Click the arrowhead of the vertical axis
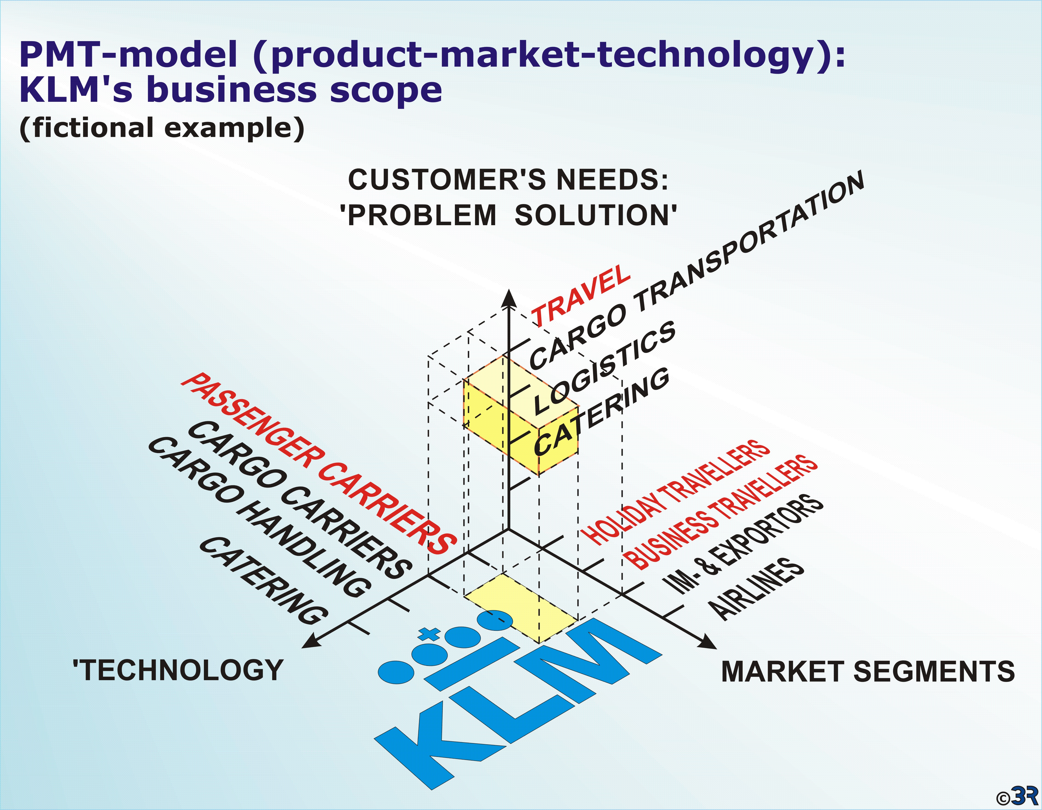click(x=510, y=298)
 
